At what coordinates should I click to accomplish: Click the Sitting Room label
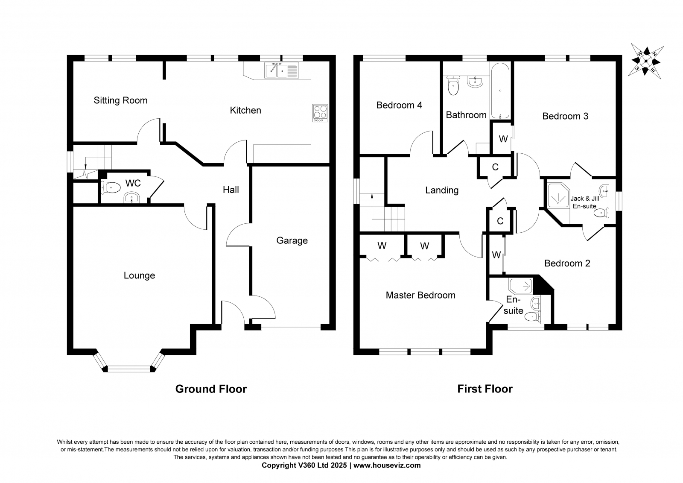(120, 100)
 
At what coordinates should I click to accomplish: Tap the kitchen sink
(281, 70)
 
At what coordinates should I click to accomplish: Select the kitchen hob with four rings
(320, 113)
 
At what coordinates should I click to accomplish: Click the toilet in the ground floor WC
(111, 187)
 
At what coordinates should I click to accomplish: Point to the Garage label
(292, 241)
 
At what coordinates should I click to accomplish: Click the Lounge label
(139, 275)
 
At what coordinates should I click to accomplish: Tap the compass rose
(646, 61)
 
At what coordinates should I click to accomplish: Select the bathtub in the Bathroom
(500, 91)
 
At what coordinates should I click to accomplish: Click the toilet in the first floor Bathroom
(453, 86)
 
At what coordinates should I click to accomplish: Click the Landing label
(442, 190)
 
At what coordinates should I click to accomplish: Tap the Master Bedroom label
(420, 295)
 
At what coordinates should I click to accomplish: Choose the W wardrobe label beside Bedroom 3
(503, 139)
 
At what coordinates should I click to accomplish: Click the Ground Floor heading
(211, 389)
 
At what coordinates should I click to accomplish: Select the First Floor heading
(485, 389)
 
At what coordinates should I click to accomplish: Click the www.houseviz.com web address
(387, 465)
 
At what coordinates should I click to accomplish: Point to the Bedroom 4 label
(399, 105)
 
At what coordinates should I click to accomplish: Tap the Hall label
(231, 190)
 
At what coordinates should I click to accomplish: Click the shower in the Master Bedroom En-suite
(521, 286)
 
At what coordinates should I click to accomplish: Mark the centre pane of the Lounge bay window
(129, 369)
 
